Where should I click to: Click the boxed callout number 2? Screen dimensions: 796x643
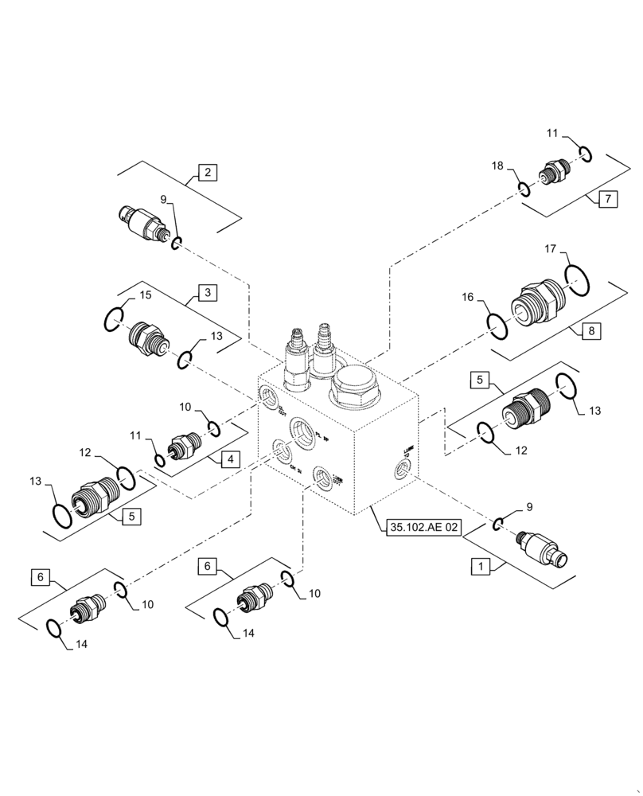pos(207,171)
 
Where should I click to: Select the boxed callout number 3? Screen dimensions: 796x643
pos(207,293)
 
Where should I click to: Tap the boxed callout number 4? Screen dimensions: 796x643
pos(229,458)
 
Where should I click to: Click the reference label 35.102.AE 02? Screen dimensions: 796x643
pos(423,526)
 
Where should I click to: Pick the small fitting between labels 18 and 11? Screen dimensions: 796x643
pos(551,171)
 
